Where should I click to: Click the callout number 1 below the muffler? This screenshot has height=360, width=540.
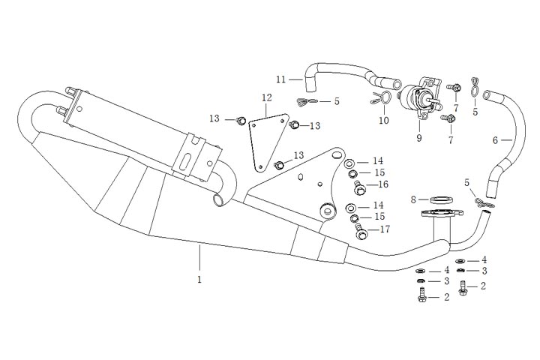[199, 279]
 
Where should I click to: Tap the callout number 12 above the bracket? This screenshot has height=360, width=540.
[266, 97]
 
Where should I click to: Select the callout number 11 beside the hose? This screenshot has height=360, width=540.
[280, 79]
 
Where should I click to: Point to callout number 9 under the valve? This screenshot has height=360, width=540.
[419, 138]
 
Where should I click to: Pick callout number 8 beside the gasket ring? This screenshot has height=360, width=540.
[413, 199]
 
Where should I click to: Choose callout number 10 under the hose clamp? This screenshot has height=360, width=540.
[384, 121]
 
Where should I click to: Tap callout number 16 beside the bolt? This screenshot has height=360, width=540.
[382, 184]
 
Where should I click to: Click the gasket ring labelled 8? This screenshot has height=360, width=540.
[441, 199]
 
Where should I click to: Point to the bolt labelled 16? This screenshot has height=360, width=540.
[358, 184]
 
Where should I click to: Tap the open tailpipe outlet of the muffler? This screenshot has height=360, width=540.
[220, 200]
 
